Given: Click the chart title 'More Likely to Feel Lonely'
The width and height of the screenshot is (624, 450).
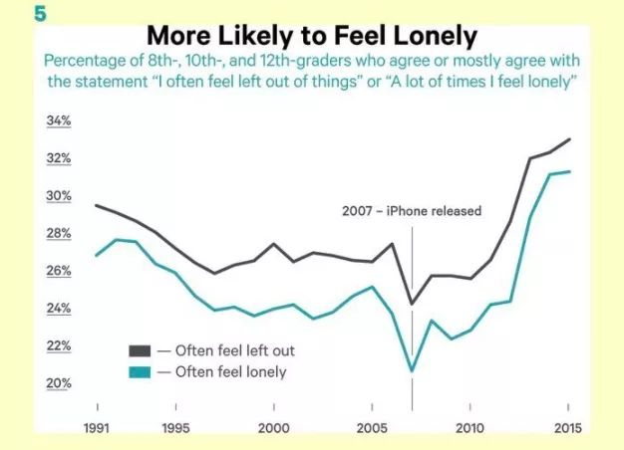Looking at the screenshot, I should point(311,36).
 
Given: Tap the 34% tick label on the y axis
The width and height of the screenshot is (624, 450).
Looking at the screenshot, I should point(59,121).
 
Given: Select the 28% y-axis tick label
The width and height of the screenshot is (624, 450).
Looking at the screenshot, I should point(59,234).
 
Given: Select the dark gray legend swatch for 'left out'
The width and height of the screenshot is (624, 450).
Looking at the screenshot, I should point(139,350).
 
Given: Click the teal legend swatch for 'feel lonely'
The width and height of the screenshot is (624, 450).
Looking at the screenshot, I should point(139,372).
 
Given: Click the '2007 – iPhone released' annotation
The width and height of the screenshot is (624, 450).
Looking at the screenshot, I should point(412,211).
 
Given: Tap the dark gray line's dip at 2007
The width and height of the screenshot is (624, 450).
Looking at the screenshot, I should point(412,304).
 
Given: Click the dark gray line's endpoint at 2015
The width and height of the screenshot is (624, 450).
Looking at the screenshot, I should point(569,139).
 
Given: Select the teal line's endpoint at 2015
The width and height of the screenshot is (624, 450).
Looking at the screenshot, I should point(569,171).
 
